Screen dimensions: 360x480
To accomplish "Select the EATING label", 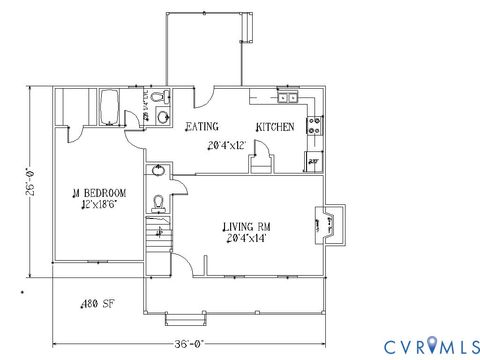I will coord(203,127).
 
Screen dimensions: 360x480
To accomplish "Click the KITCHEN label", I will coord(274,127).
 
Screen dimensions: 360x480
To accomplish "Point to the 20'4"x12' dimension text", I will coord(226,144).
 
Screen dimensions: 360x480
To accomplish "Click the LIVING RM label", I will coord(246,227).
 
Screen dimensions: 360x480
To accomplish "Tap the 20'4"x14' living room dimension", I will coord(246,240).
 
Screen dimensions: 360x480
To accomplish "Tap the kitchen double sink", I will coord(288,98).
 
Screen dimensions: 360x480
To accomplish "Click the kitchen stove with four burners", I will coord(313,126).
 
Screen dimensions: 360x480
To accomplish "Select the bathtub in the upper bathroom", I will coord(110,106).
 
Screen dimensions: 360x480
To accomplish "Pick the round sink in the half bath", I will coord(157,170).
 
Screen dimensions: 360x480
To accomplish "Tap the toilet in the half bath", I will coord(157,203).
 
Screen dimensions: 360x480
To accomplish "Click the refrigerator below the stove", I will coord(312,160).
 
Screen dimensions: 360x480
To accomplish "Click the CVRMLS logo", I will coord(419,345).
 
